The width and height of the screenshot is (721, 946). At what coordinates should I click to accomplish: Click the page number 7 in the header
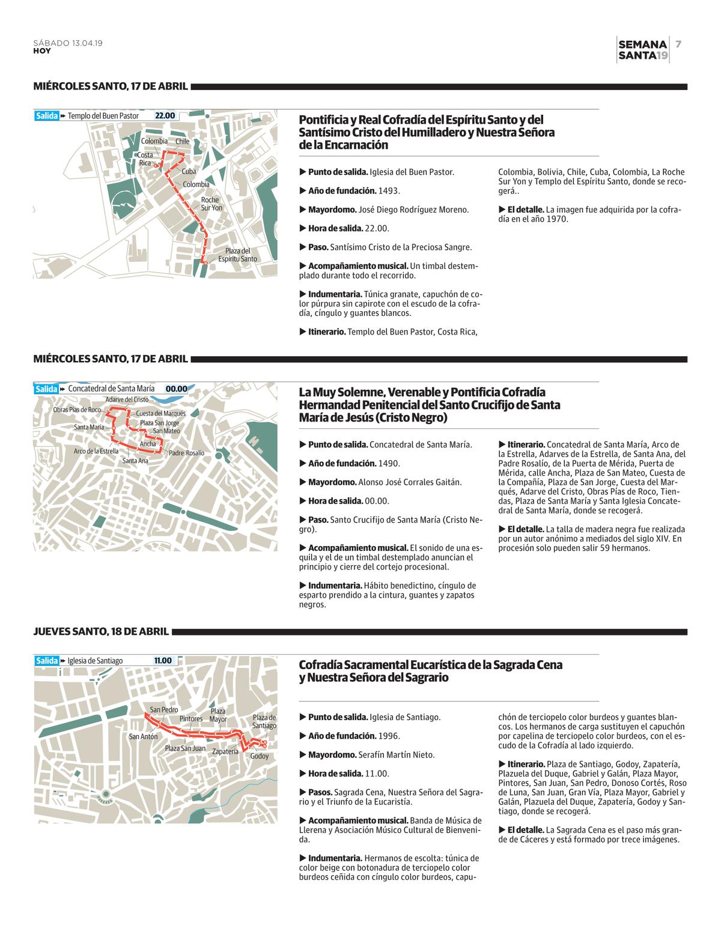678,44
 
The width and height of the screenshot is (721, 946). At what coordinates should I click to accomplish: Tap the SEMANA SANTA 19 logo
642,50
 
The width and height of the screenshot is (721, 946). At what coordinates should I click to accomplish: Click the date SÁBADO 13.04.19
68,43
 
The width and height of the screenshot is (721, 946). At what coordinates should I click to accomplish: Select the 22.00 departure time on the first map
165,116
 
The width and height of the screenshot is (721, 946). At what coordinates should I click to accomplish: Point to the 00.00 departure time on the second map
176,389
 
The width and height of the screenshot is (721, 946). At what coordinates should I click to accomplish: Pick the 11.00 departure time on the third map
163,661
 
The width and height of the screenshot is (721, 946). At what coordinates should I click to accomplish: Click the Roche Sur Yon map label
211,204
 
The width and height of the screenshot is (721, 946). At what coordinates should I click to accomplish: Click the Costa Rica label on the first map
145,159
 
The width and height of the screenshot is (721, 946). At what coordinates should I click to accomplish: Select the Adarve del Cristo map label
126,399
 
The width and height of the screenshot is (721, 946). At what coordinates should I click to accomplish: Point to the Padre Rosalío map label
186,453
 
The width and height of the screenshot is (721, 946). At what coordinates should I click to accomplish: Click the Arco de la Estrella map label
96,451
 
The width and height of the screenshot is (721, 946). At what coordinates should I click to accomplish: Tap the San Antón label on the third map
143,736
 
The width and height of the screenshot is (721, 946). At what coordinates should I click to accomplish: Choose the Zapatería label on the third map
225,751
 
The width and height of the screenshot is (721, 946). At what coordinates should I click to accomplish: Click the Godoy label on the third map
260,756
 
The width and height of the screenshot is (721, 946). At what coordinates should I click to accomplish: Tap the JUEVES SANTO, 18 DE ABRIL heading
102,632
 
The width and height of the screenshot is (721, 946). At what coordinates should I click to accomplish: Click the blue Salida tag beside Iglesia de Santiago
46,661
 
